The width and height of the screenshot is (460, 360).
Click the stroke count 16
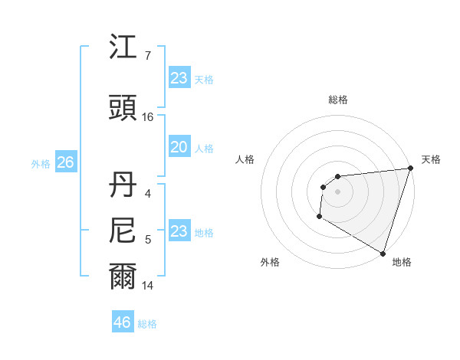(x=148, y=117)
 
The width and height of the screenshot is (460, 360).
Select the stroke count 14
(x=148, y=286)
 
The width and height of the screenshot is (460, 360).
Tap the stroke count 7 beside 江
(x=147, y=56)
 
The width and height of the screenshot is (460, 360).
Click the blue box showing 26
(x=65, y=162)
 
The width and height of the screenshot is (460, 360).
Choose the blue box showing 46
(x=122, y=322)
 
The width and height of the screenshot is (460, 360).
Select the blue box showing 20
(x=179, y=147)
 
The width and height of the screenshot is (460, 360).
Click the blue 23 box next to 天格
(x=179, y=78)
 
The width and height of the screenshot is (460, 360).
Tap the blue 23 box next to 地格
(x=179, y=231)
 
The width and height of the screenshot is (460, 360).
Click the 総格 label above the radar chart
(x=337, y=100)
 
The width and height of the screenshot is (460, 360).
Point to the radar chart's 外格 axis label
(x=270, y=262)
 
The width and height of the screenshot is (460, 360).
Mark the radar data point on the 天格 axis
(x=410, y=169)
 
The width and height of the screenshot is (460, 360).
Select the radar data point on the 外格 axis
(x=319, y=217)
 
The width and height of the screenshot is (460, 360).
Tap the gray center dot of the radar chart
(x=337, y=191)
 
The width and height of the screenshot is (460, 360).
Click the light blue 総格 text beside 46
(x=147, y=323)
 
